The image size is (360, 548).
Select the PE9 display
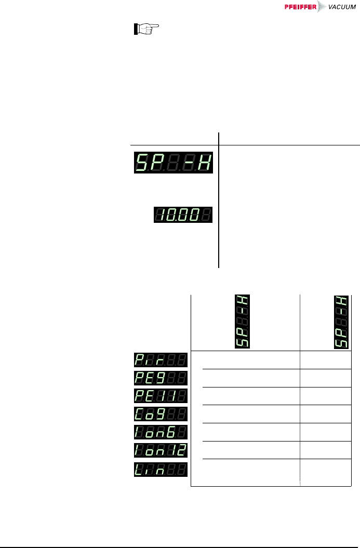(161, 379)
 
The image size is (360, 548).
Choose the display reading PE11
(161, 397)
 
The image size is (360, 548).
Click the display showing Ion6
(161, 433)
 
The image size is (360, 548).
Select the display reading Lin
(161, 469)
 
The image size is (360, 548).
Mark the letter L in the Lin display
(141, 469)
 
